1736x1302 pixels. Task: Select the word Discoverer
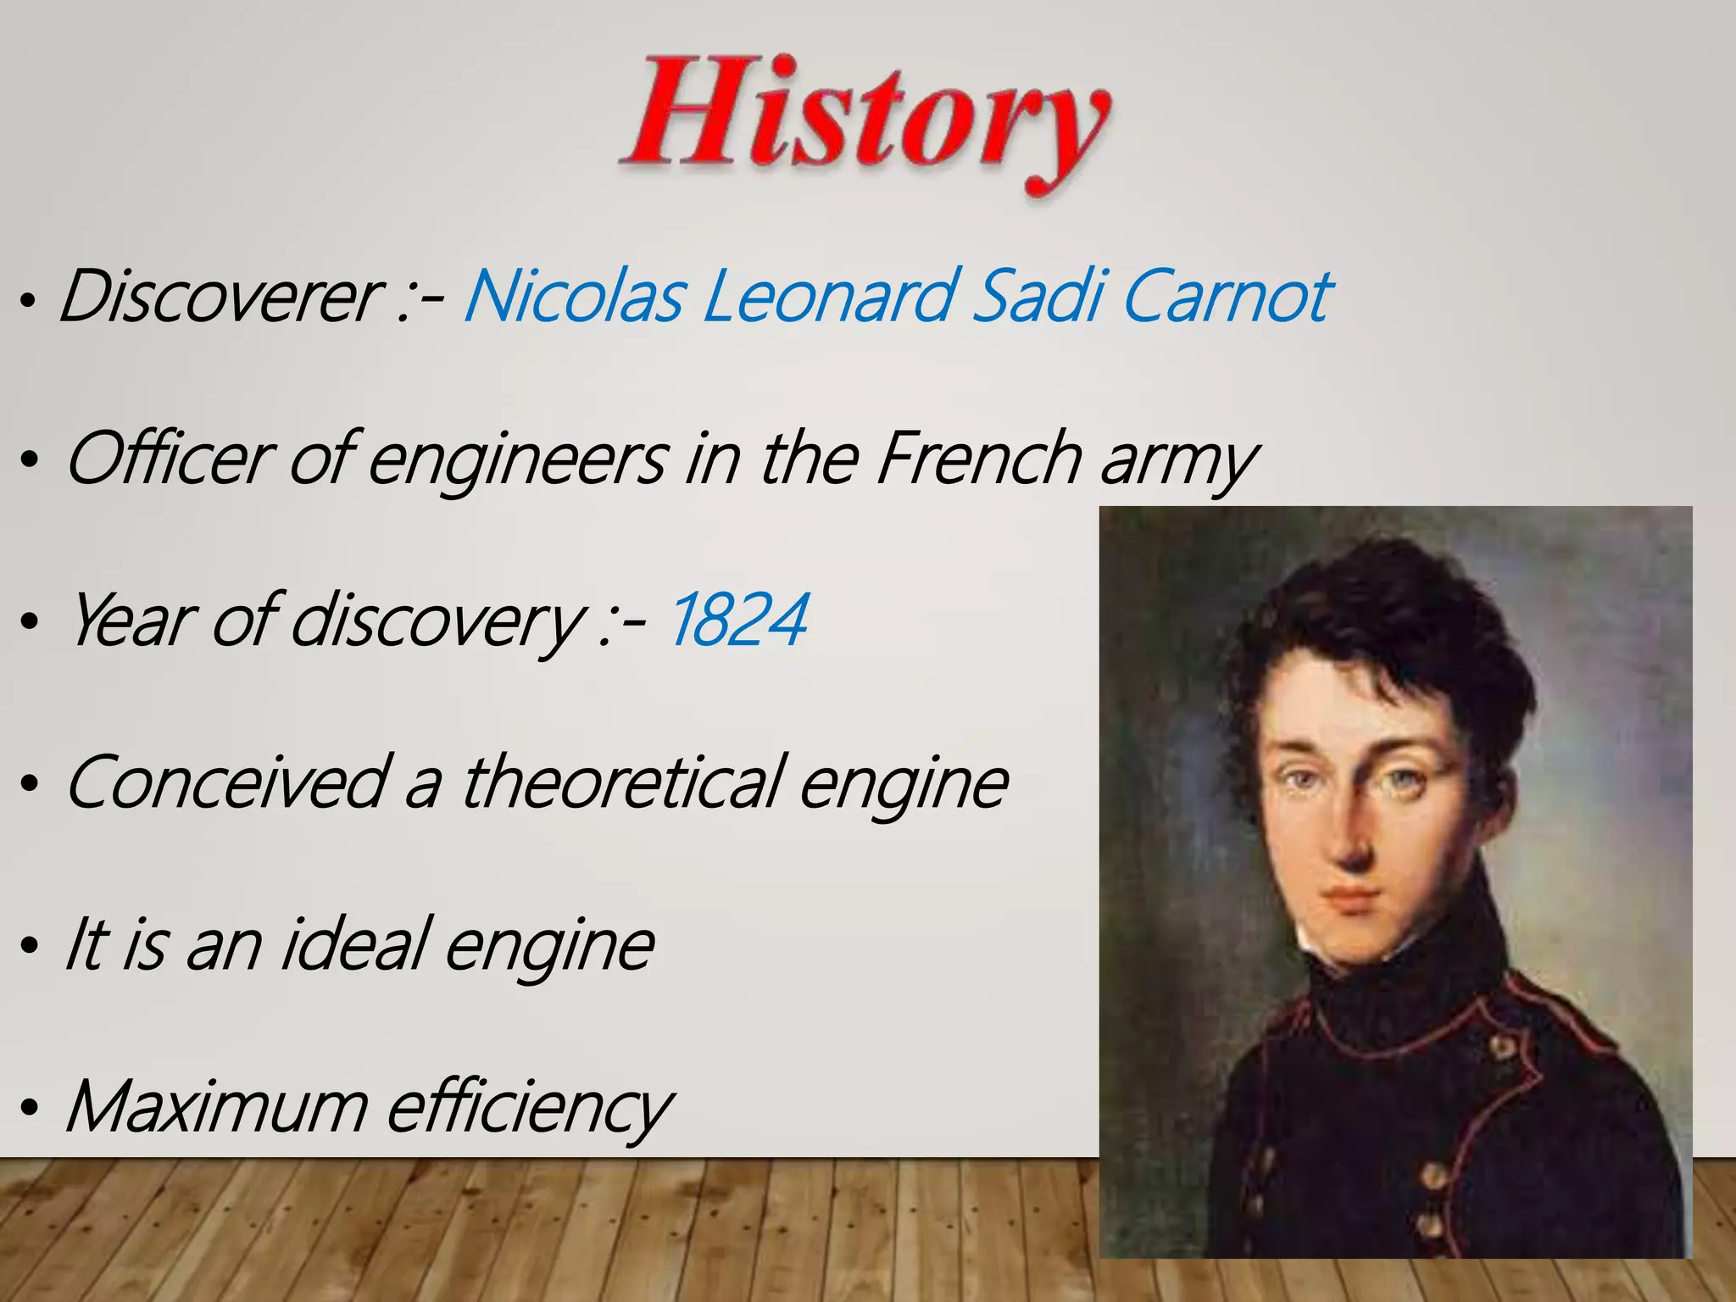point(219,296)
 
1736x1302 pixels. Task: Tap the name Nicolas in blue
point(573,296)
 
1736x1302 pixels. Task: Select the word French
point(976,458)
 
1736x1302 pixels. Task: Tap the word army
point(1178,462)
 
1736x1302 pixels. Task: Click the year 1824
point(737,620)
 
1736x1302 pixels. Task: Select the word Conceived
point(226,782)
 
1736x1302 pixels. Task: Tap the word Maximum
point(217,1105)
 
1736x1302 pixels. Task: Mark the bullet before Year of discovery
point(30,622)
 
